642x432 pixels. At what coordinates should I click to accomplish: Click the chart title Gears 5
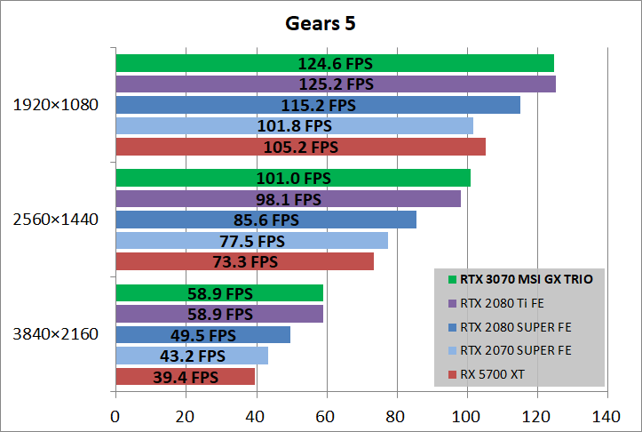321,22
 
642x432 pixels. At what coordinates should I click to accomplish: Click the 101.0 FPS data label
293,178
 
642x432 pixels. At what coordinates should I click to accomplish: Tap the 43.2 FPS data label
193,356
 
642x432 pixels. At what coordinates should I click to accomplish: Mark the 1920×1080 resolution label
55,105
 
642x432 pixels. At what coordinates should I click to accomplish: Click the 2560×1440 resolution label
55,220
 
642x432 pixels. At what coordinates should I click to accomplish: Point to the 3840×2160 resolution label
55,335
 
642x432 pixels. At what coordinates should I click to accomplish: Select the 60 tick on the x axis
326,416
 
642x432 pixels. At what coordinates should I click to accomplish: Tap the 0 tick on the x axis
115,416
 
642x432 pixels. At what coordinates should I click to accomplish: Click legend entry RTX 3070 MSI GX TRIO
526,278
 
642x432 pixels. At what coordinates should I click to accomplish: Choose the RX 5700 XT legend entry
493,374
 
